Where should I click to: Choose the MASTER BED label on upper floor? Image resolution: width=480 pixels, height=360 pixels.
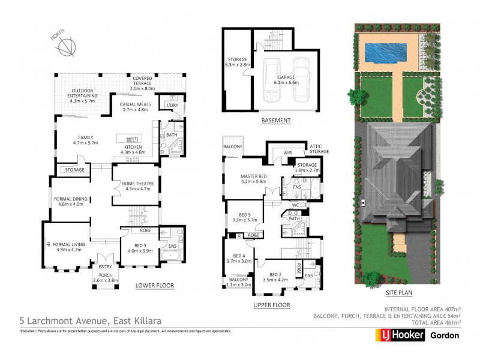[253, 177]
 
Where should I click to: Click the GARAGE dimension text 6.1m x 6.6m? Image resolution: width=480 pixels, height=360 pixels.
[286, 82]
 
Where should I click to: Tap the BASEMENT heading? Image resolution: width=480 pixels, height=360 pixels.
[276, 121]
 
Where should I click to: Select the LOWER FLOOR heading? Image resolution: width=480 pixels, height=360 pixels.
[154, 286]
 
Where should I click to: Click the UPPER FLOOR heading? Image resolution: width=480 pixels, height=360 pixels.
[271, 305]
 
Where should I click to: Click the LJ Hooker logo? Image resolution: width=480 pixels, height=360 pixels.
[401, 335]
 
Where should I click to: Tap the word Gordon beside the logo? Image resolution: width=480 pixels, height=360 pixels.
[445, 335]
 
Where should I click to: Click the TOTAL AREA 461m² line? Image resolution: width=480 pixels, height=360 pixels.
[431, 322]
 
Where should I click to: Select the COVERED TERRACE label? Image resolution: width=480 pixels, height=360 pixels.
[143, 84]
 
